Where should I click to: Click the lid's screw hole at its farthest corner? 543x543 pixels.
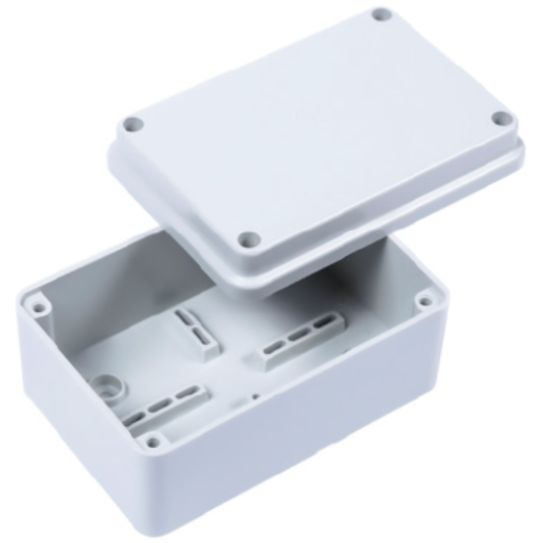tap(382, 13)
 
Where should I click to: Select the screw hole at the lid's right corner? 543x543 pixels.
tap(501, 119)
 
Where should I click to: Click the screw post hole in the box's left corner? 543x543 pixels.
tap(39, 308)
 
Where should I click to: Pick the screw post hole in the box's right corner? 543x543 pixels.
tap(425, 301)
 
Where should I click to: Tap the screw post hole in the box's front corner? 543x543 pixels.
tap(151, 443)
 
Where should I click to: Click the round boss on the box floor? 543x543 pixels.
tap(108, 385)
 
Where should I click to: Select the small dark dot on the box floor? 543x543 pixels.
tap(255, 396)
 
